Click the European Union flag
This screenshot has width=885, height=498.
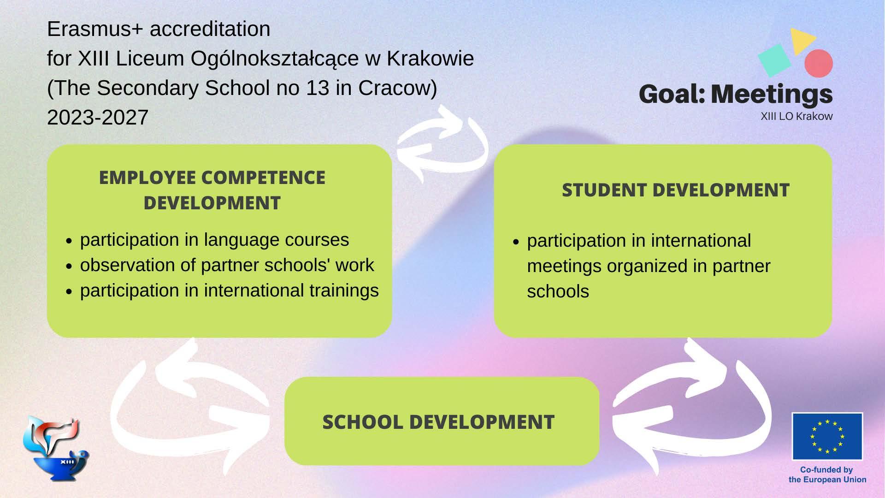coord(827,436)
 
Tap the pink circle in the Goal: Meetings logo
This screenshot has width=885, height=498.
coord(819,63)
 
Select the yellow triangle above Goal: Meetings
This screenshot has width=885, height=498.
coord(802,41)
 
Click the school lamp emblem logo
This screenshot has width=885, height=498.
coord(56,448)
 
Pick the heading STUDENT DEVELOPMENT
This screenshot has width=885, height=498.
coord(675,190)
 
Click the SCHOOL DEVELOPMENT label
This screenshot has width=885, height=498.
coord(438,422)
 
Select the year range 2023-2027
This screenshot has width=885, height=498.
coord(98,117)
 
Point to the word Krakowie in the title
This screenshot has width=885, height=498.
coord(430,59)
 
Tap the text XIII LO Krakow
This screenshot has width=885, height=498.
coord(796,116)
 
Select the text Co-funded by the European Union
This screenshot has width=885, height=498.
coord(827,474)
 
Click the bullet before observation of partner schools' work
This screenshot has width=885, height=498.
coord(69,266)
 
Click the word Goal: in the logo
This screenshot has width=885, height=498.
coord(673,94)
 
